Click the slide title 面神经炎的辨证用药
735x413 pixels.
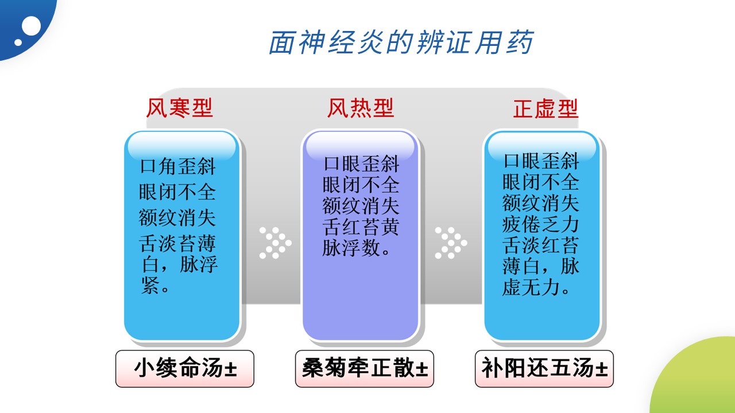pos(401,42)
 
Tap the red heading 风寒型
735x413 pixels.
pos(180,108)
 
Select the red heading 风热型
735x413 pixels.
pos(361,108)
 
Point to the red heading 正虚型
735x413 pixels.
pos(546,108)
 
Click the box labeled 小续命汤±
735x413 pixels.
pos(185,369)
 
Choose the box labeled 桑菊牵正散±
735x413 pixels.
pos(365,369)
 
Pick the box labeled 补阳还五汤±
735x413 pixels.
pos(544,369)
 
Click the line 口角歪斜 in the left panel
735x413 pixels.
pos(177,166)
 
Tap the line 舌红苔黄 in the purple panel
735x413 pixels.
pos(361,227)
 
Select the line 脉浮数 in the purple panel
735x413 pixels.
pos(352,248)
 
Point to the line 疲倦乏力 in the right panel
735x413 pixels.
pos(540,224)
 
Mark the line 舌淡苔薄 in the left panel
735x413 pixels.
pos(177,243)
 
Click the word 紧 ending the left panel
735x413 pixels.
pos(150,285)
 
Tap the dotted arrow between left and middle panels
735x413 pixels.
pos(275,243)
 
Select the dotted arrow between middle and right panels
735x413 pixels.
pos(451,243)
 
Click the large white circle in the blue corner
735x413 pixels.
pos(31,26)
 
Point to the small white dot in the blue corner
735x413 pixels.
pos(18,42)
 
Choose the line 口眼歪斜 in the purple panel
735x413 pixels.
pos(361,163)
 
